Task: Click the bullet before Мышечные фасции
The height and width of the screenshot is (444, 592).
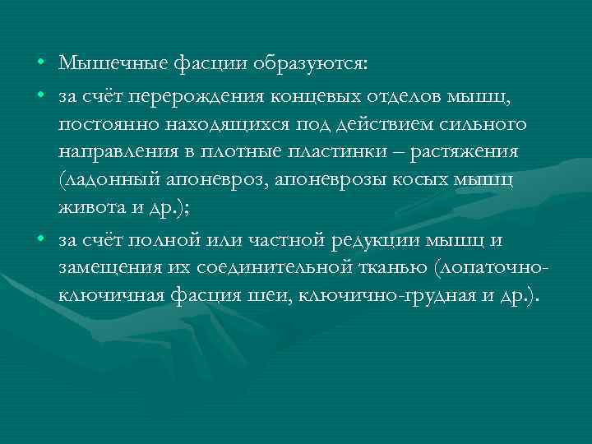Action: click(40, 64)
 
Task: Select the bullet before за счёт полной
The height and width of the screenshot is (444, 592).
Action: click(40, 241)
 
